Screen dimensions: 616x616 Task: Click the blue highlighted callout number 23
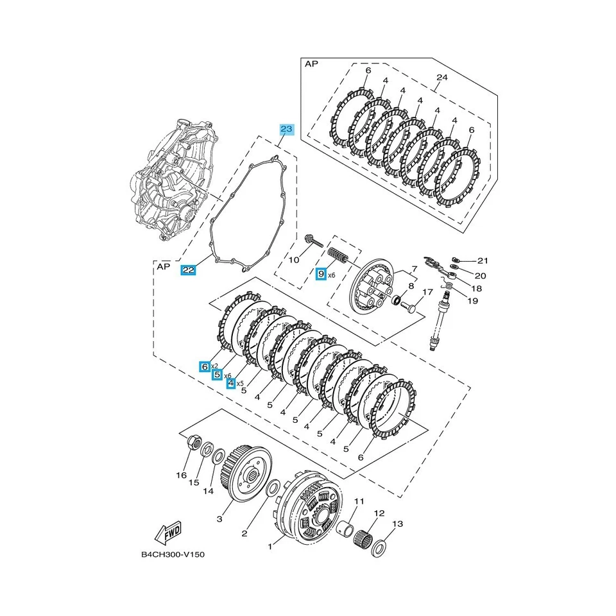tap(286, 129)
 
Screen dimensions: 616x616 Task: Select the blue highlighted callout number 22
tap(188, 270)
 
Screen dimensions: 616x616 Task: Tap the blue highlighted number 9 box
tap(321, 274)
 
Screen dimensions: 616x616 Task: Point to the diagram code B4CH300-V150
tap(173, 554)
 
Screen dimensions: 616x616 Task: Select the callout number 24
tap(441, 78)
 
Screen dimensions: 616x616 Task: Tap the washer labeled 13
tap(380, 545)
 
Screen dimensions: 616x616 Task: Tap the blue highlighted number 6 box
tap(205, 366)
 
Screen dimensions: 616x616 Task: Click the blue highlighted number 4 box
tap(230, 383)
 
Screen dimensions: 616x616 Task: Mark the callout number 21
tap(483, 261)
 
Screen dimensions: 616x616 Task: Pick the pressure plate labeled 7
tap(371, 289)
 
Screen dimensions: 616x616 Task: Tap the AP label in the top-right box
tap(311, 64)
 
